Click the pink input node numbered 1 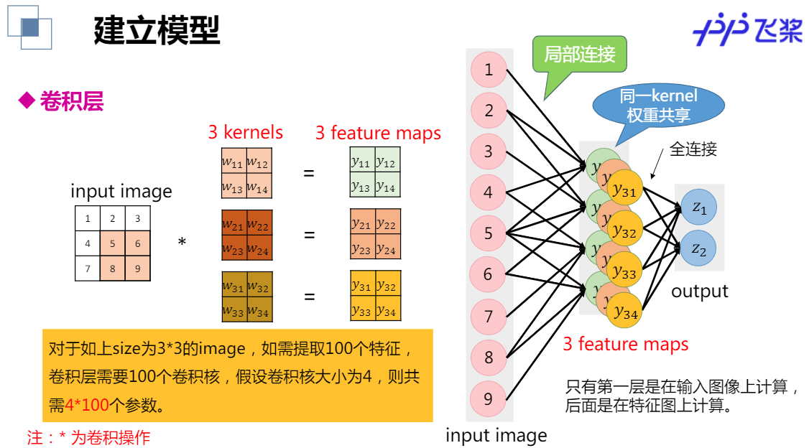pos(489,70)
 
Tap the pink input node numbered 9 pos(489,398)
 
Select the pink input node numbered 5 pos(489,233)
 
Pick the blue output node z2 pos(699,249)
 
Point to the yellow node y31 pos(624,192)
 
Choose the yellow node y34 pos(624,312)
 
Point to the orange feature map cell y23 pos(361,248)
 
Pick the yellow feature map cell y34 pos(387,310)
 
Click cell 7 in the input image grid pos(88,269)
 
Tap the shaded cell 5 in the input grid pos(113,243)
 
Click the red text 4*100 pos(87,405)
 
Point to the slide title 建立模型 pos(157,30)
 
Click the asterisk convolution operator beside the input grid pos(182,243)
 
